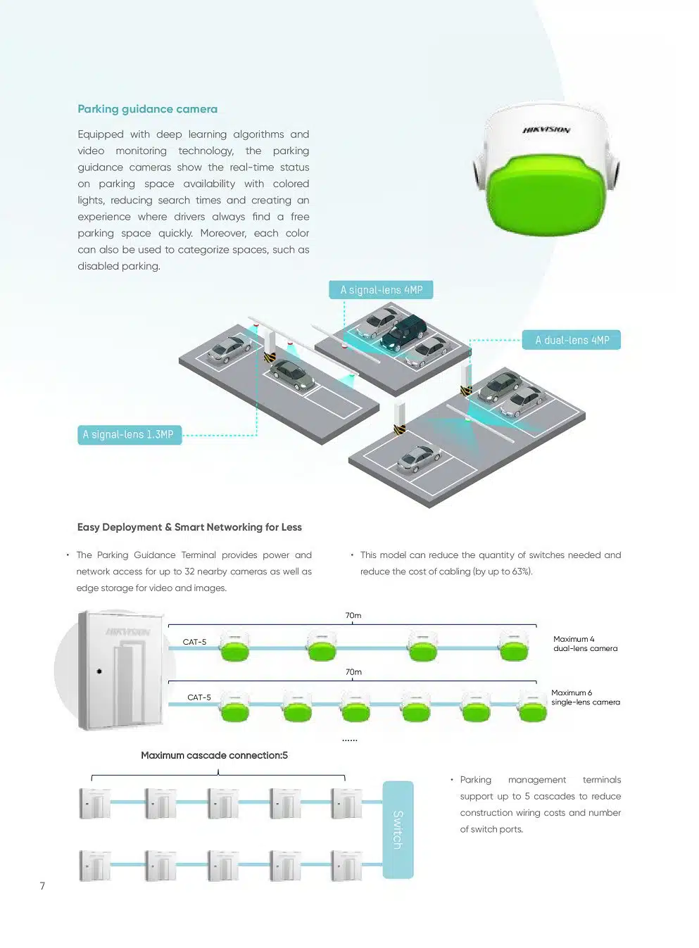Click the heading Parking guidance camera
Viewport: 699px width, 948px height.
coord(147,109)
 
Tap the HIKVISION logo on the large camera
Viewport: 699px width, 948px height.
coord(546,130)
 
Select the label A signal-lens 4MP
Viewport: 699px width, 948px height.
coord(381,290)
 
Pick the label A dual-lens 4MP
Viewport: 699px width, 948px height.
coord(572,341)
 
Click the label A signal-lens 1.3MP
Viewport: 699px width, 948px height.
coord(129,435)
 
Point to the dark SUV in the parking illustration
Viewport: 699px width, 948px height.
coord(403,332)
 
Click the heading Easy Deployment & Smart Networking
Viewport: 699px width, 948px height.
coord(189,527)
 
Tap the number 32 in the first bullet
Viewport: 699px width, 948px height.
coord(189,571)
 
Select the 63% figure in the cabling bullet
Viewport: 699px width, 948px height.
coord(522,571)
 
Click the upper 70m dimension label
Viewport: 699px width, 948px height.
coord(353,616)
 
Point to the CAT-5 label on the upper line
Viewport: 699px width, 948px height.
coord(194,642)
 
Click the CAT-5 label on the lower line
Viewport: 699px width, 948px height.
coord(199,697)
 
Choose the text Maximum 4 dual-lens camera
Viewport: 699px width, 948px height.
coord(585,644)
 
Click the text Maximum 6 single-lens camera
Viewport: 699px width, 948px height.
coord(585,697)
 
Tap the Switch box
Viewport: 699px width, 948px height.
coord(398,829)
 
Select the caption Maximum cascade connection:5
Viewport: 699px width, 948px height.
coord(214,755)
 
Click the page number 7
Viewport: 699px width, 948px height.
coord(42,886)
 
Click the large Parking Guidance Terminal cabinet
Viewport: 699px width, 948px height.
coord(121,671)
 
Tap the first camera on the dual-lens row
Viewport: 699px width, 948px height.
coord(234,647)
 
